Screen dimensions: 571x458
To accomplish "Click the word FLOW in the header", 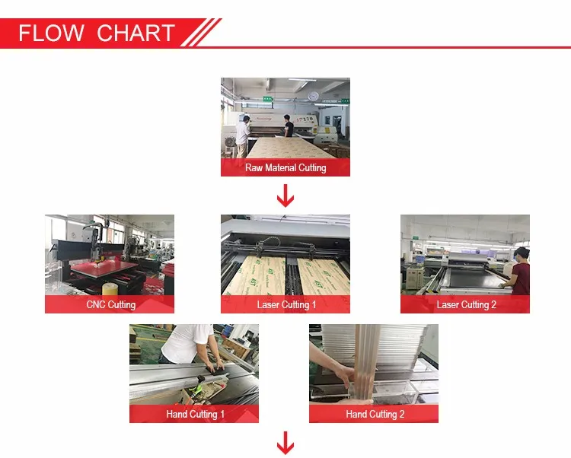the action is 51,33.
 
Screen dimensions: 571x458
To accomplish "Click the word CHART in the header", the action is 136,33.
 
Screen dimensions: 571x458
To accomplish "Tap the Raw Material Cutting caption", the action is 285,167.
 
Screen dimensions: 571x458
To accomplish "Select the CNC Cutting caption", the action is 110,304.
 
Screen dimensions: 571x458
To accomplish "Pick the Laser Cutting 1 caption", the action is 286,304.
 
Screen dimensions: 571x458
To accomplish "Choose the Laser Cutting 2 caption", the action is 466,304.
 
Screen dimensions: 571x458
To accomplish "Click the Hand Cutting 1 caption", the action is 195,414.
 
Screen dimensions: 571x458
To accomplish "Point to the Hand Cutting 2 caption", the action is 375,414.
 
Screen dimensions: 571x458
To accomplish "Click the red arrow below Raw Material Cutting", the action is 285,196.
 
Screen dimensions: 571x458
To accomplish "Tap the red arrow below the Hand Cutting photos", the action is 285,443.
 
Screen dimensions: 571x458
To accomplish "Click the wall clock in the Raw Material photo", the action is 313,96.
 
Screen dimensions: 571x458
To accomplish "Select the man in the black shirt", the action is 289,126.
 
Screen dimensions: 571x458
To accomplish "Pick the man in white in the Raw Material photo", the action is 243,136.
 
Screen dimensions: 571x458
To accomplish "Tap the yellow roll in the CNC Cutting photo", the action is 109,289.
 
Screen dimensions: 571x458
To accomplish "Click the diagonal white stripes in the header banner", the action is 201,33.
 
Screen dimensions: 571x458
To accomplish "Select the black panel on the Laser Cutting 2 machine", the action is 474,277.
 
